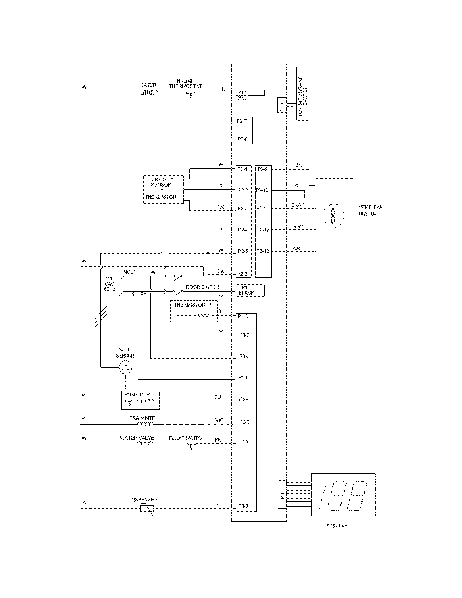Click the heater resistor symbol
(x=149, y=93)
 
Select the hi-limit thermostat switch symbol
(x=191, y=94)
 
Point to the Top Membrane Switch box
(x=303, y=94)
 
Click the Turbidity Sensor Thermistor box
(x=163, y=190)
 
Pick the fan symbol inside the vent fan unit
(x=333, y=216)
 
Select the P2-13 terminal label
(x=263, y=251)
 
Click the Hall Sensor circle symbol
(x=125, y=367)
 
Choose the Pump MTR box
(x=140, y=400)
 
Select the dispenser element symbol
(x=147, y=509)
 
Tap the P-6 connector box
(x=282, y=495)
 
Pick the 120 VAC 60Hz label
(x=109, y=284)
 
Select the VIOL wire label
(x=221, y=420)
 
